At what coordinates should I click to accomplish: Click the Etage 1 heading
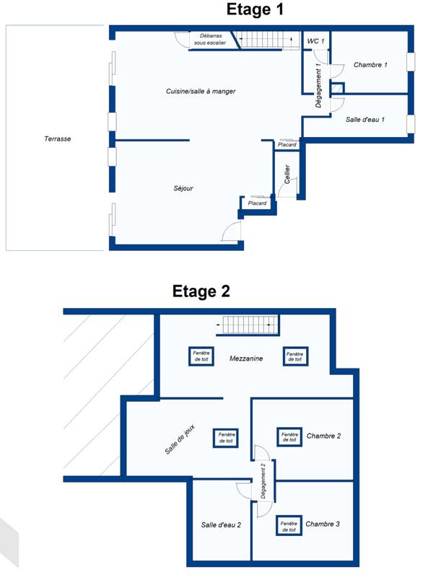coord(256,9)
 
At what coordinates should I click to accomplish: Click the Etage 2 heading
coord(201,291)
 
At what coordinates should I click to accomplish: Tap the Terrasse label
coord(57,139)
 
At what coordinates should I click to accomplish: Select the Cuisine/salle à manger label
coord(201,92)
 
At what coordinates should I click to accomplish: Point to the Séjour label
coord(183,188)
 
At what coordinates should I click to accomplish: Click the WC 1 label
coord(315,41)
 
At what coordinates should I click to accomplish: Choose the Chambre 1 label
coord(370,65)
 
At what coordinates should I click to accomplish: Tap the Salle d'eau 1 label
coord(369,119)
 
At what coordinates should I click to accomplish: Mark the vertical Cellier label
coord(287,175)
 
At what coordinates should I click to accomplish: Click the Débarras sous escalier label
coord(209,39)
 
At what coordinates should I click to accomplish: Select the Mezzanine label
coord(246,358)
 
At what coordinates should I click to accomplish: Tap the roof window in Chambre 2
coord(289,437)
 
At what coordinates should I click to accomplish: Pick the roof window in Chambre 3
coord(288,526)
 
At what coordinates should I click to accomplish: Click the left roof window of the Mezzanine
coord(200,356)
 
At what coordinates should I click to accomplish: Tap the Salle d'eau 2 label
coord(221,524)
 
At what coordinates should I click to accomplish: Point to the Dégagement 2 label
coord(264,480)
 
